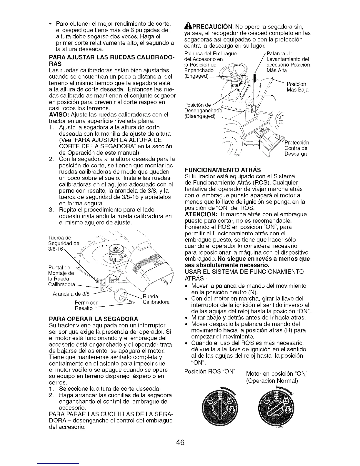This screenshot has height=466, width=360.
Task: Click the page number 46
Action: [180, 442]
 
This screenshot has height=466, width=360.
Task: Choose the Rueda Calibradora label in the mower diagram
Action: [156, 299]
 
